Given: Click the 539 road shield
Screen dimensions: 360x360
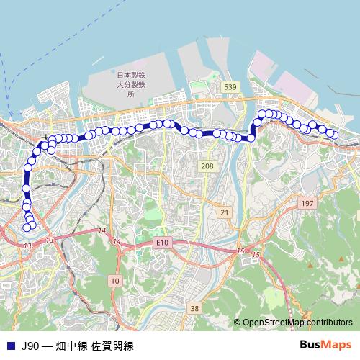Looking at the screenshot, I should (x=230, y=86).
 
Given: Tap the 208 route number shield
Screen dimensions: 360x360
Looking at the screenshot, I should (x=207, y=166).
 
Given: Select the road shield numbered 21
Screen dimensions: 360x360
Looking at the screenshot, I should (x=225, y=212).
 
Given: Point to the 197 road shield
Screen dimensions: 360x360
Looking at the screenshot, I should (x=307, y=204).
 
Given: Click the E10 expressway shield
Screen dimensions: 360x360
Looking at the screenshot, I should (x=162, y=243).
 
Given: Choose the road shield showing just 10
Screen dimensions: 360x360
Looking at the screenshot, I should (x=114, y=279).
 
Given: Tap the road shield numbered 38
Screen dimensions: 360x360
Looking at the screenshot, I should (x=194, y=308).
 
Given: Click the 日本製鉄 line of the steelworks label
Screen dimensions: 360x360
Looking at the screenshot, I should (x=131, y=75).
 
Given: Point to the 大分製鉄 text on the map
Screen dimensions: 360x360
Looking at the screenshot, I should (x=131, y=84).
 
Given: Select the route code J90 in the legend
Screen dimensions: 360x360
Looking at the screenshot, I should (x=30, y=346).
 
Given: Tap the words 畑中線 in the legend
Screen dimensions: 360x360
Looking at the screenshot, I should (x=72, y=346).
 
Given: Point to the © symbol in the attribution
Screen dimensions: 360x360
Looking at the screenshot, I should (x=238, y=323).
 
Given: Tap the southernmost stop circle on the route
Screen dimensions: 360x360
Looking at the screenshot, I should (x=27, y=228).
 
